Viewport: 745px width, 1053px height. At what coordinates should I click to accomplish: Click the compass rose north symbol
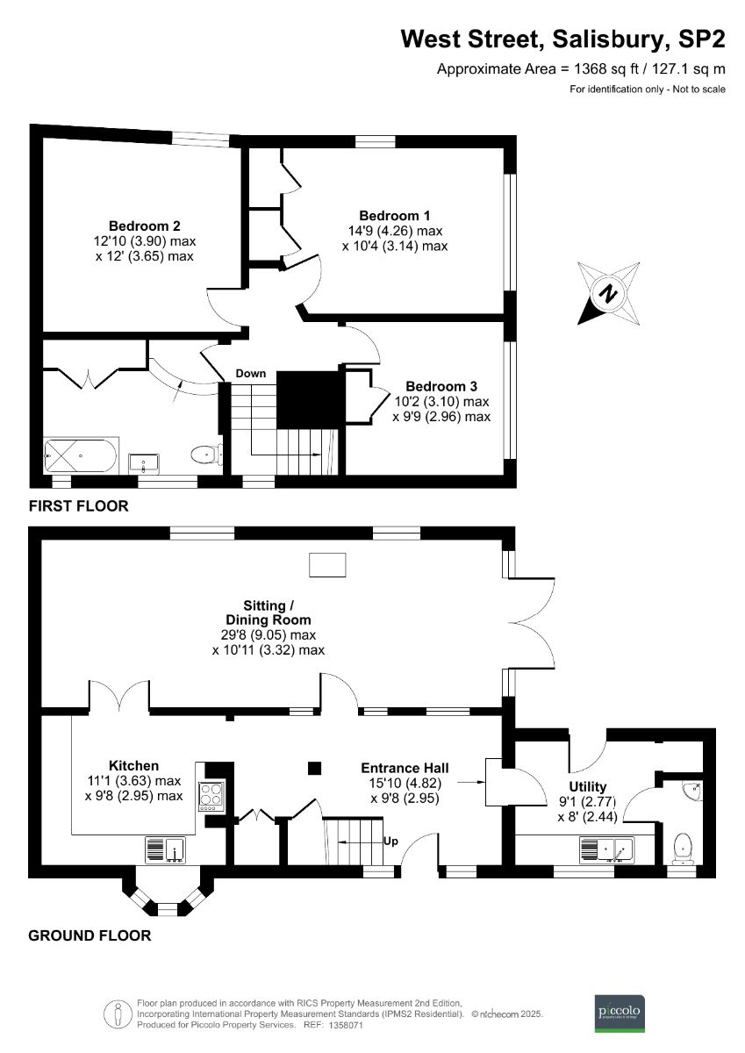coord(605,293)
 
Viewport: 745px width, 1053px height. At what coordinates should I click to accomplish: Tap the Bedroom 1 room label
coord(395,216)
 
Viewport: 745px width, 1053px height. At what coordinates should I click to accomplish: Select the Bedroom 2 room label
coord(145,225)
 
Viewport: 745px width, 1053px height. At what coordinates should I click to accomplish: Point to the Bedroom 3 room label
coord(441,386)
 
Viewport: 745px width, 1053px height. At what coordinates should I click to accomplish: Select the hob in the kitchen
coord(213,795)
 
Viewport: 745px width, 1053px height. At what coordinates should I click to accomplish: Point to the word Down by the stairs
coord(250,374)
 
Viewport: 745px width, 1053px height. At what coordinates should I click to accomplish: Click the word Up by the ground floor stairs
coord(391,841)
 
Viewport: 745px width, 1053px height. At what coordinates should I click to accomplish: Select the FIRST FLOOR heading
coord(79,506)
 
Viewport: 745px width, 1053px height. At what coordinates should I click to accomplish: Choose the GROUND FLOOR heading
coord(90,935)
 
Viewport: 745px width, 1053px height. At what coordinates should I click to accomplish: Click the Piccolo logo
coord(620,1012)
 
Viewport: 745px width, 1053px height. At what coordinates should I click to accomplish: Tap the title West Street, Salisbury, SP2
coord(562,39)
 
